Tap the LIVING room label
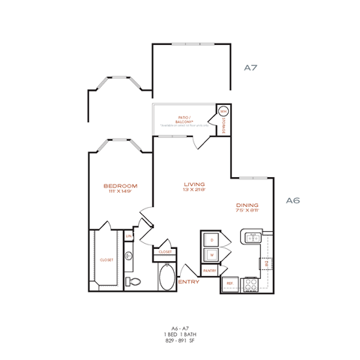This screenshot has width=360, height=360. (x=195, y=183)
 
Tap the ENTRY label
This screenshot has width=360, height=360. (x=188, y=281)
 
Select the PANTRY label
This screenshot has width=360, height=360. (x=210, y=271)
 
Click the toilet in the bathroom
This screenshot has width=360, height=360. (x=136, y=281)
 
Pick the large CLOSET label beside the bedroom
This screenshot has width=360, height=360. (x=106, y=259)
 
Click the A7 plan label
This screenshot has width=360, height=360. (x=251, y=67)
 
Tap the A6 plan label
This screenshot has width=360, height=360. (x=293, y=199)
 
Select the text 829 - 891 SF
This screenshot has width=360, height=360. (x=179, y=341)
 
